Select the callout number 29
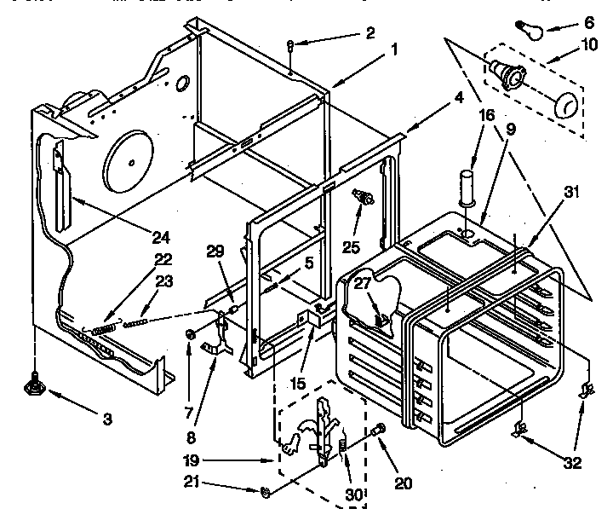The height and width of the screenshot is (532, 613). [x=215, y=250]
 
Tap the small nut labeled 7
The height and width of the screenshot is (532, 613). [x=191, y=333]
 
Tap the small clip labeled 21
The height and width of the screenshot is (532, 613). [x=265, y=492]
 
